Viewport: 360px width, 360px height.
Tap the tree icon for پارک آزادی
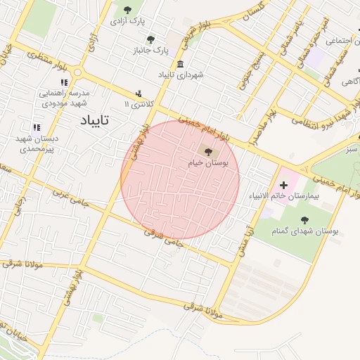[x=127, y=10]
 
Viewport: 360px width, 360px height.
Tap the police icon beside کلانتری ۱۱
[x=139, y=93]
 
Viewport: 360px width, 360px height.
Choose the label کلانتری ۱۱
[x=138, y=104]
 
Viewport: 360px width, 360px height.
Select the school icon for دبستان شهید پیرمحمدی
[x=37, y=127]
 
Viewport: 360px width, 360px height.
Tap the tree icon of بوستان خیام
[x=206, y=150]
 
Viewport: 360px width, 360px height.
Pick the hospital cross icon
[x=284, y=184]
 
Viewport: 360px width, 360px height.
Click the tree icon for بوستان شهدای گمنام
[x=305, y=220]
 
